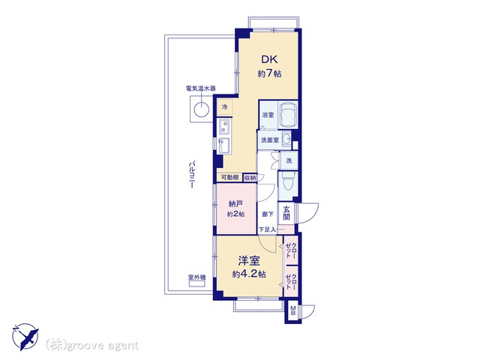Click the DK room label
(269, 59)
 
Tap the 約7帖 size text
(269, 73)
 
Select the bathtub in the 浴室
(288, 114)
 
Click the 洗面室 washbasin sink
(286, 139)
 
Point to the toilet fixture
(288, 183)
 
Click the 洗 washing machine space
(289, 160)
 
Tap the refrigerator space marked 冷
(225, 107)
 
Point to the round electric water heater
(202, 109)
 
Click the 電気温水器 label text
(200, 88)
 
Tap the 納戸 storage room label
(235, 203)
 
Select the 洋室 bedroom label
(249, 261)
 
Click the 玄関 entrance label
(286, 213)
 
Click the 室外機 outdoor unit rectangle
(196, 284)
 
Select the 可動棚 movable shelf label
(230, 178)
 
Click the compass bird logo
(25, 336)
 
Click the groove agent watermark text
(91, 346)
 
